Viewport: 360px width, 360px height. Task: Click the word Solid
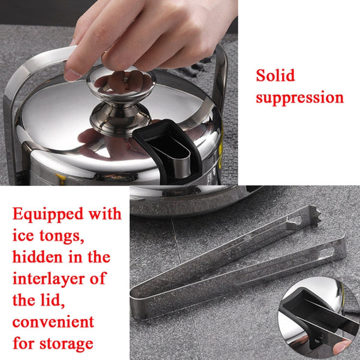click(277, 76)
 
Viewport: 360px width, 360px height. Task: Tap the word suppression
click(300, 97)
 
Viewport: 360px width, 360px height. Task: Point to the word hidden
click(37, 257)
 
